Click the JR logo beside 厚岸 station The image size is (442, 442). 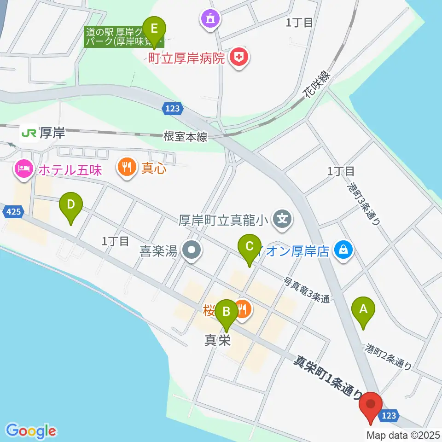point(29,133)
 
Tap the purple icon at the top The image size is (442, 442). point(210,19)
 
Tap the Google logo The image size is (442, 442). point(31,430)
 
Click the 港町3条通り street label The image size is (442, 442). point(364,203)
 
